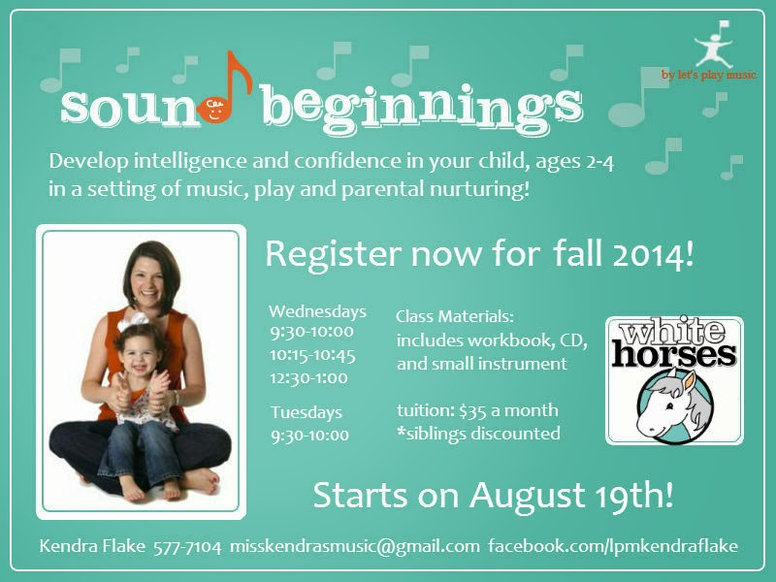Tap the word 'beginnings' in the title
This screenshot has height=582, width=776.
[x=422, y=108]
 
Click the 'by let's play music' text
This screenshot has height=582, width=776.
[x=709, y=75]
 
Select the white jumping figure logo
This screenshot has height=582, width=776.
[x=713, y=45]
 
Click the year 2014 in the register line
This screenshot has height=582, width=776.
[x=653, y=255]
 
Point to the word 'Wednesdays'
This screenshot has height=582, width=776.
[x=318, y=311]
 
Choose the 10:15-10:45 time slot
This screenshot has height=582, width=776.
[x=312, y=355]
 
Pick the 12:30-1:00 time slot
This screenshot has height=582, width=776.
[x=308, y=378]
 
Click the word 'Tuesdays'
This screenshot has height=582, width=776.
[x=307, y=412]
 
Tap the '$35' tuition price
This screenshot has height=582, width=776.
[x=472, y=410]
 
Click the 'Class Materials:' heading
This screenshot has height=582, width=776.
[x=455, y=316]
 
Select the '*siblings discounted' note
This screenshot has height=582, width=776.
[x=478, y=434]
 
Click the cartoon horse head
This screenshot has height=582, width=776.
[x=673, y=404]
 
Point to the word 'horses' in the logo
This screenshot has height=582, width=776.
[x=674, y=354]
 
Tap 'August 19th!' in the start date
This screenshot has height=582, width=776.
[x=571, y=496]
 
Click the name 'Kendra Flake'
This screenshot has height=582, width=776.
[x=92, y=546]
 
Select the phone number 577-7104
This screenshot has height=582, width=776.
[x=187, y=547]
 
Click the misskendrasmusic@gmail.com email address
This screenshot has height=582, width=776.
[x=355, y=546]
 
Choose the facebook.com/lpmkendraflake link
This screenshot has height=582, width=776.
[x=613, y=546]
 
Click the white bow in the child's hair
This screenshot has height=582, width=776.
[x=133, y=321]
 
